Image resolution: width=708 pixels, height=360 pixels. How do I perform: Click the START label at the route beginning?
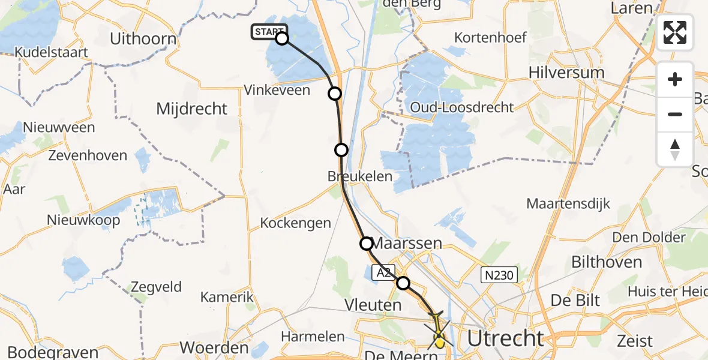(269, 32)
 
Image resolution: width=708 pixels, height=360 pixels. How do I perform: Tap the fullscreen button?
(675, 32)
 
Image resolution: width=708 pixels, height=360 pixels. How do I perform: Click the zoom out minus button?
(675, 114)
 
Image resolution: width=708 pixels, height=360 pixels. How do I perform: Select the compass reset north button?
(675, 149)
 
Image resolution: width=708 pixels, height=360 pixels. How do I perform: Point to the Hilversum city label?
(566, 72)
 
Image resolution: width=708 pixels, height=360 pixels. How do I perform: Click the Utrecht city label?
(505, 338)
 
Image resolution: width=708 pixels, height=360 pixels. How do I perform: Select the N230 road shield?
(498, 275)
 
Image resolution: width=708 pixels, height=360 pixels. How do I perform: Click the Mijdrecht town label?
(191, 109)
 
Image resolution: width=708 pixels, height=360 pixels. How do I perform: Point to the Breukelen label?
(360, 176)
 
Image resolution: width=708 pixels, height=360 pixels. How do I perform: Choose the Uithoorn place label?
(143, 40)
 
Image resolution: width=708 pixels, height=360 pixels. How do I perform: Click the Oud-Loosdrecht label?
(462, 107)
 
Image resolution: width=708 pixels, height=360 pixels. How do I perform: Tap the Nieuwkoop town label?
(83, 220)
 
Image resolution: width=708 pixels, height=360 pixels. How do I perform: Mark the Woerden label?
(214, 348)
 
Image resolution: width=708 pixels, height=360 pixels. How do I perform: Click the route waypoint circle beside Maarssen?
(366, 243)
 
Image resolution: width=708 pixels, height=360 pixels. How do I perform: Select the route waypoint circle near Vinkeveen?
(335, 93)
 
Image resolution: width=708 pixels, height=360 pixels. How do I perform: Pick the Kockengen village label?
(295, 223)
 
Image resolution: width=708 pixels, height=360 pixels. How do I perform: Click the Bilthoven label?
(607, 262)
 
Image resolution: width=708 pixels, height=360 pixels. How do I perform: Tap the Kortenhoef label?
(490, 37)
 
